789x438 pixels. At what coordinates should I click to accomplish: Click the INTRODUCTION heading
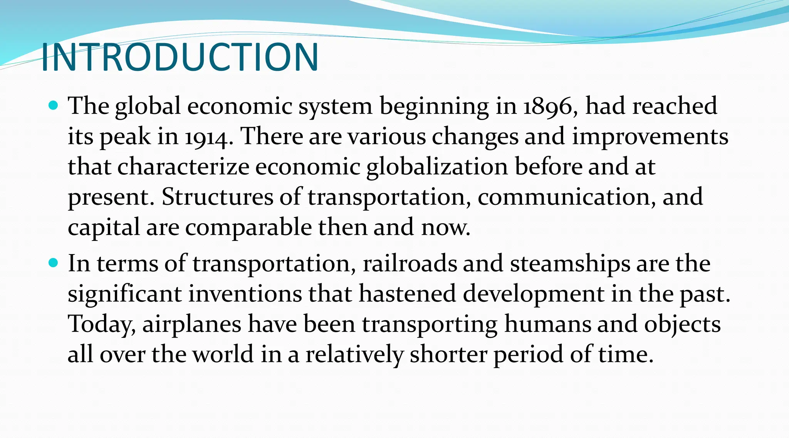point(180,57)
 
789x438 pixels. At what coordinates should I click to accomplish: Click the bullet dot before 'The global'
point(54,105)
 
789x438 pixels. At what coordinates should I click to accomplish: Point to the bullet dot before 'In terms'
point(54,263)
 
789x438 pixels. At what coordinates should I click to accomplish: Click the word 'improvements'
point(650,137)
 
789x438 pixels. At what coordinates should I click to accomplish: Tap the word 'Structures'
point(217,197)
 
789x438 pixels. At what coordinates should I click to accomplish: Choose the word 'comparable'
point(248,228)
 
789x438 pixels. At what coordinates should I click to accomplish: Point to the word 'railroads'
point(410,264)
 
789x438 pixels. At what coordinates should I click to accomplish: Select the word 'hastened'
point(408,294)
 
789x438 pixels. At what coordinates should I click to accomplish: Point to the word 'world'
point(223,354)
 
